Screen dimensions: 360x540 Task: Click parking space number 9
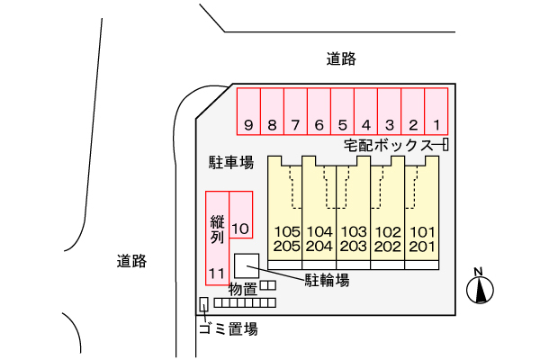(248, 112)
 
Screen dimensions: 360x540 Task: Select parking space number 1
(436, 112)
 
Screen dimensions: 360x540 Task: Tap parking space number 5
(343, 112)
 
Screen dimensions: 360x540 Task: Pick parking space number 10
(240, 217)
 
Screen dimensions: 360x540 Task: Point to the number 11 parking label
(216, 272)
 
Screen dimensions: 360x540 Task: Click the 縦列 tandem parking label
(216, 230)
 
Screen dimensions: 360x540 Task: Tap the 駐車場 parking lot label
(231, 163)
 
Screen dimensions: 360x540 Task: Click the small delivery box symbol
(445, 145)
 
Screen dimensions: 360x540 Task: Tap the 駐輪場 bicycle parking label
(326, 280)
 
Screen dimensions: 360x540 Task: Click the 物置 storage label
(243, 289)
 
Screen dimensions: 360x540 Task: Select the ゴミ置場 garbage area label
(228, 328)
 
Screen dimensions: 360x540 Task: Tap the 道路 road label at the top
(342, 59)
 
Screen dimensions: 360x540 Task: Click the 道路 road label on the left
(131, 262)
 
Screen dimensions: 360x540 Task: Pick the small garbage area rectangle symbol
(203, 305)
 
